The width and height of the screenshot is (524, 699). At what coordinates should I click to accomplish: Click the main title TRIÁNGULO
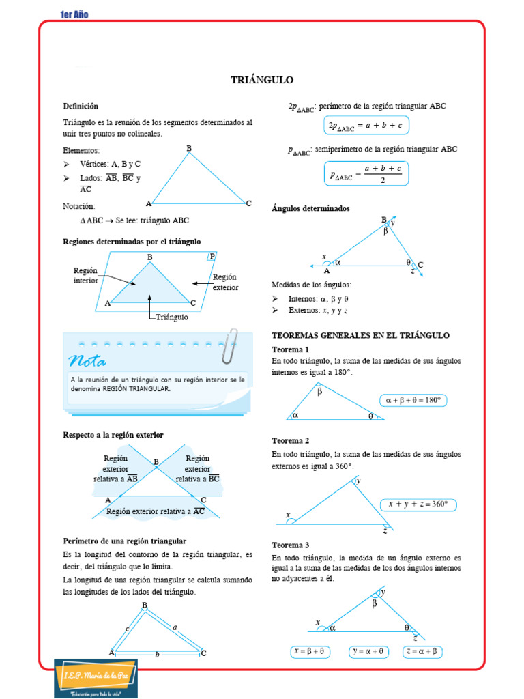click(262, 80)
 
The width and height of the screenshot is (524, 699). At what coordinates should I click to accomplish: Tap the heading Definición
click(81, 106)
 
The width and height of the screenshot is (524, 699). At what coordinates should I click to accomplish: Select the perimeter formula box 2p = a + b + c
click(366, 126)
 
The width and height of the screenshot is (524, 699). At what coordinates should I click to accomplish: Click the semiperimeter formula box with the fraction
click(366, 173)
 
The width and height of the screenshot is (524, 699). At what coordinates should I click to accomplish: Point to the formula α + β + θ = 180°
click(413, 401)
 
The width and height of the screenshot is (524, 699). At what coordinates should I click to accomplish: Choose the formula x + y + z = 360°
click(418, 504)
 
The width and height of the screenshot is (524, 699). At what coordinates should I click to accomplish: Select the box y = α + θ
click(368, 652)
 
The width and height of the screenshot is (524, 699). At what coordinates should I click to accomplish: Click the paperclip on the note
click(229, 345)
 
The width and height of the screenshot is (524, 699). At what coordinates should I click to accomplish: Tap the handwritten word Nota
click(87, 360)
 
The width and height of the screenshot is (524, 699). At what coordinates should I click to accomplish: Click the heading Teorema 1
click(290, 349)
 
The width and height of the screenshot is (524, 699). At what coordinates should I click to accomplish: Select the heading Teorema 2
click(290, 441)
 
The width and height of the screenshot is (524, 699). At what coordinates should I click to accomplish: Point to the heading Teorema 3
click(290, 545)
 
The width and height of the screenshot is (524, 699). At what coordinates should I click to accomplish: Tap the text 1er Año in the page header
click(74, 15)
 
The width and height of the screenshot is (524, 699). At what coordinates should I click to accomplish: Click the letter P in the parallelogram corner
click(212, 256)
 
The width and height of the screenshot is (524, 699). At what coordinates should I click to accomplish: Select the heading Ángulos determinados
click(310, 208)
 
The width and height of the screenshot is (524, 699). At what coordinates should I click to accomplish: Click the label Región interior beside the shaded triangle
click(86, 276)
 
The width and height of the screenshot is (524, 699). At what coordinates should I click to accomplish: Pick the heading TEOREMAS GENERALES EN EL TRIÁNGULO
click(360, 335)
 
